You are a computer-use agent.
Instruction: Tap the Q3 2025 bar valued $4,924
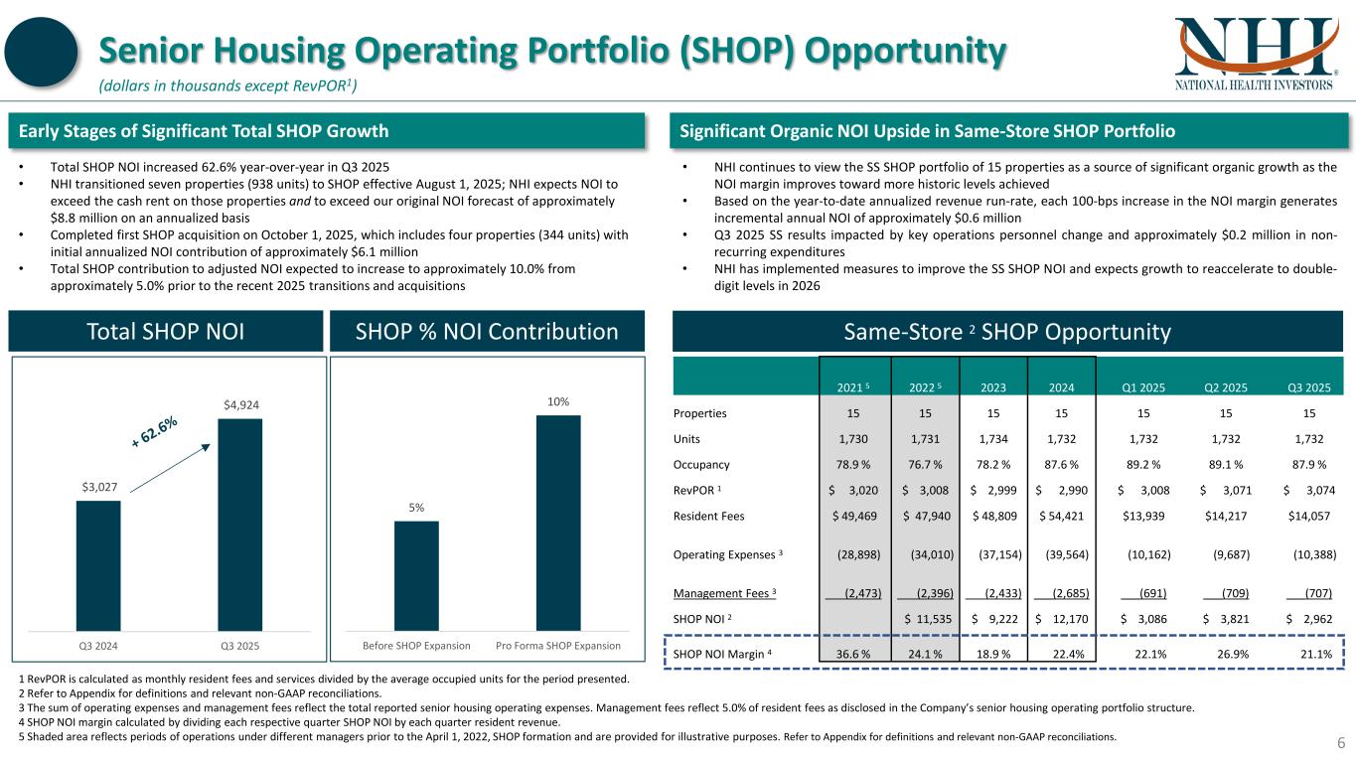pos(240,524)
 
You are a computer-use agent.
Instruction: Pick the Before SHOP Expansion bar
pos(416,575)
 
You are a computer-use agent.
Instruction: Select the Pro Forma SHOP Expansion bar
pos(558,522)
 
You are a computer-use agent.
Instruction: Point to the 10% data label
pos(558,401)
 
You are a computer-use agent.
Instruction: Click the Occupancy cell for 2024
pos(1061,464)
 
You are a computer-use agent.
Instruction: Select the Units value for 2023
pos(993,439)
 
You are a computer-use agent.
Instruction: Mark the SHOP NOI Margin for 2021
pos(854,653)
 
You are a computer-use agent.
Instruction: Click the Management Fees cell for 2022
pos(928,593)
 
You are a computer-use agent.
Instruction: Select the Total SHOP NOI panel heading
pos(167,332)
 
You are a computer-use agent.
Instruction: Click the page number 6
pos(1339,743)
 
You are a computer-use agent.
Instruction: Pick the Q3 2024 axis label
pos(98,646)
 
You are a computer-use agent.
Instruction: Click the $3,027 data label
pos(98,488)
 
